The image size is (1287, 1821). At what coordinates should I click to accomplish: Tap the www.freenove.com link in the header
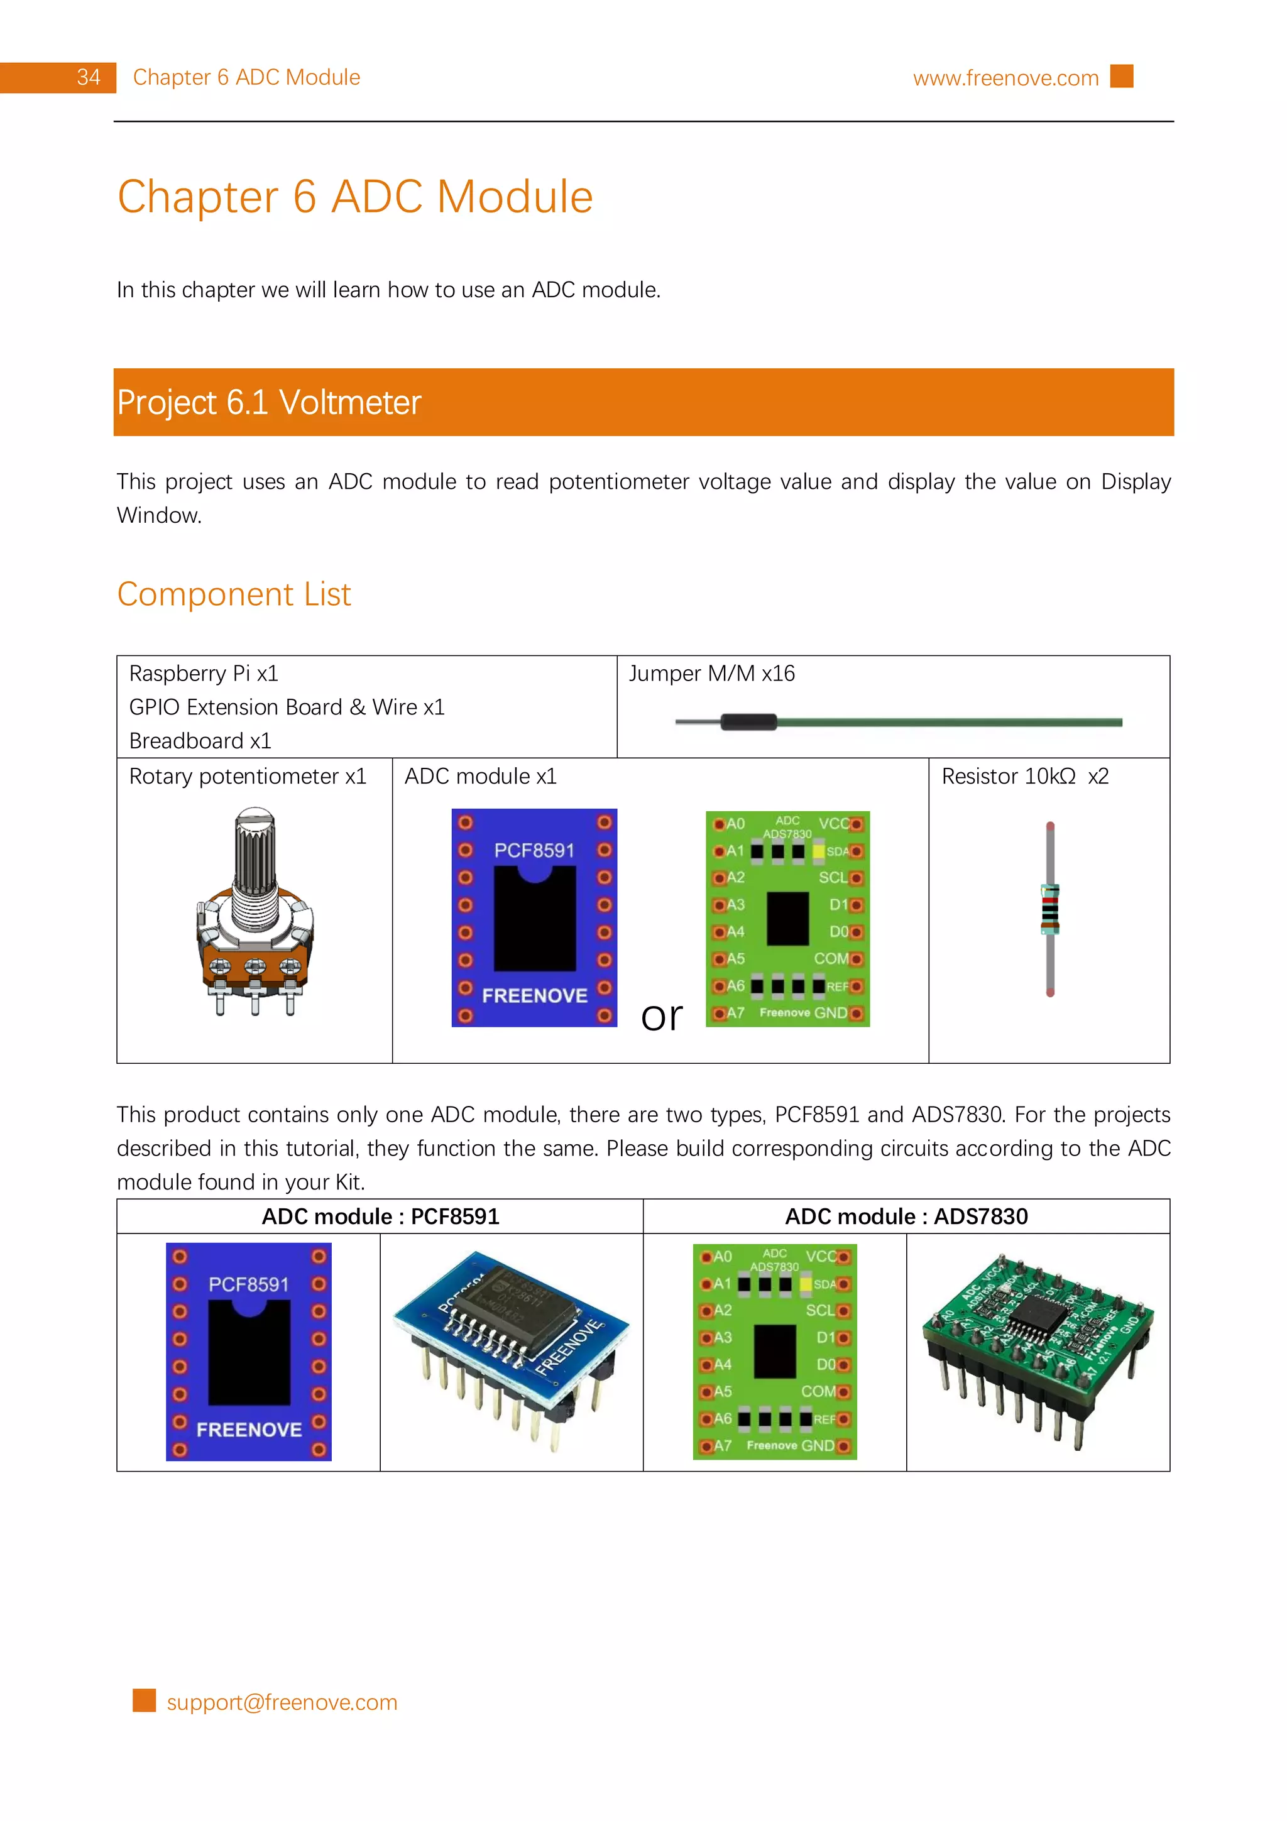pyautogui.click(x=1005, y=78)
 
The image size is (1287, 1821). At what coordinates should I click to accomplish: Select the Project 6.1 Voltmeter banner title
pyautogui.click(x=269, y=402)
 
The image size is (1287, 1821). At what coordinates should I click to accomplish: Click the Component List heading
pyautogui.click(x=234, y=594)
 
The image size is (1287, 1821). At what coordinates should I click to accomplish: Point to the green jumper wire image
pyautogui.click(x=899, y=722)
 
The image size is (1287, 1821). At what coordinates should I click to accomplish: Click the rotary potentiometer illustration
pyautogui.click(x=255, y=912)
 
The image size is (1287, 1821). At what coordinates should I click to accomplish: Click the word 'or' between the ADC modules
pyautogui.click(x=661, y=1016)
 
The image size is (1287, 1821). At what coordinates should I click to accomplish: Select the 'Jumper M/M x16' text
pyautogui.click(x=711, y=674)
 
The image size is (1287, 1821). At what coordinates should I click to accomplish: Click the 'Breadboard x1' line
pyautogui.click(x=200, y=741)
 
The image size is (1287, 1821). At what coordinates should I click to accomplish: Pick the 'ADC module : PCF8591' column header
pyautogui.click(x=381, y=1216)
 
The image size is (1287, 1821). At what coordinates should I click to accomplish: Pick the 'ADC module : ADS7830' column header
pyautogui.click(x=906, y=1216)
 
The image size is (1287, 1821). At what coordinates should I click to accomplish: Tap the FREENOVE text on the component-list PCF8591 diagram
pyautogui.click(x=534, y=995)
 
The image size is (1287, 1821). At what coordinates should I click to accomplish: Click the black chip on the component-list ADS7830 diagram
pyautogui.click(x=787, y=919)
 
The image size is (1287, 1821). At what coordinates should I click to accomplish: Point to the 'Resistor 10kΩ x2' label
pyautogui.click(x=1024, y=777)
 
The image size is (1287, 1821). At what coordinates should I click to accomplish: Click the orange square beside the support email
pyautogui.click(x=145, y=1700)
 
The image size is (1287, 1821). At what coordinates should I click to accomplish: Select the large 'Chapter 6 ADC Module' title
pyautogui.click(x=355, y=197)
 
